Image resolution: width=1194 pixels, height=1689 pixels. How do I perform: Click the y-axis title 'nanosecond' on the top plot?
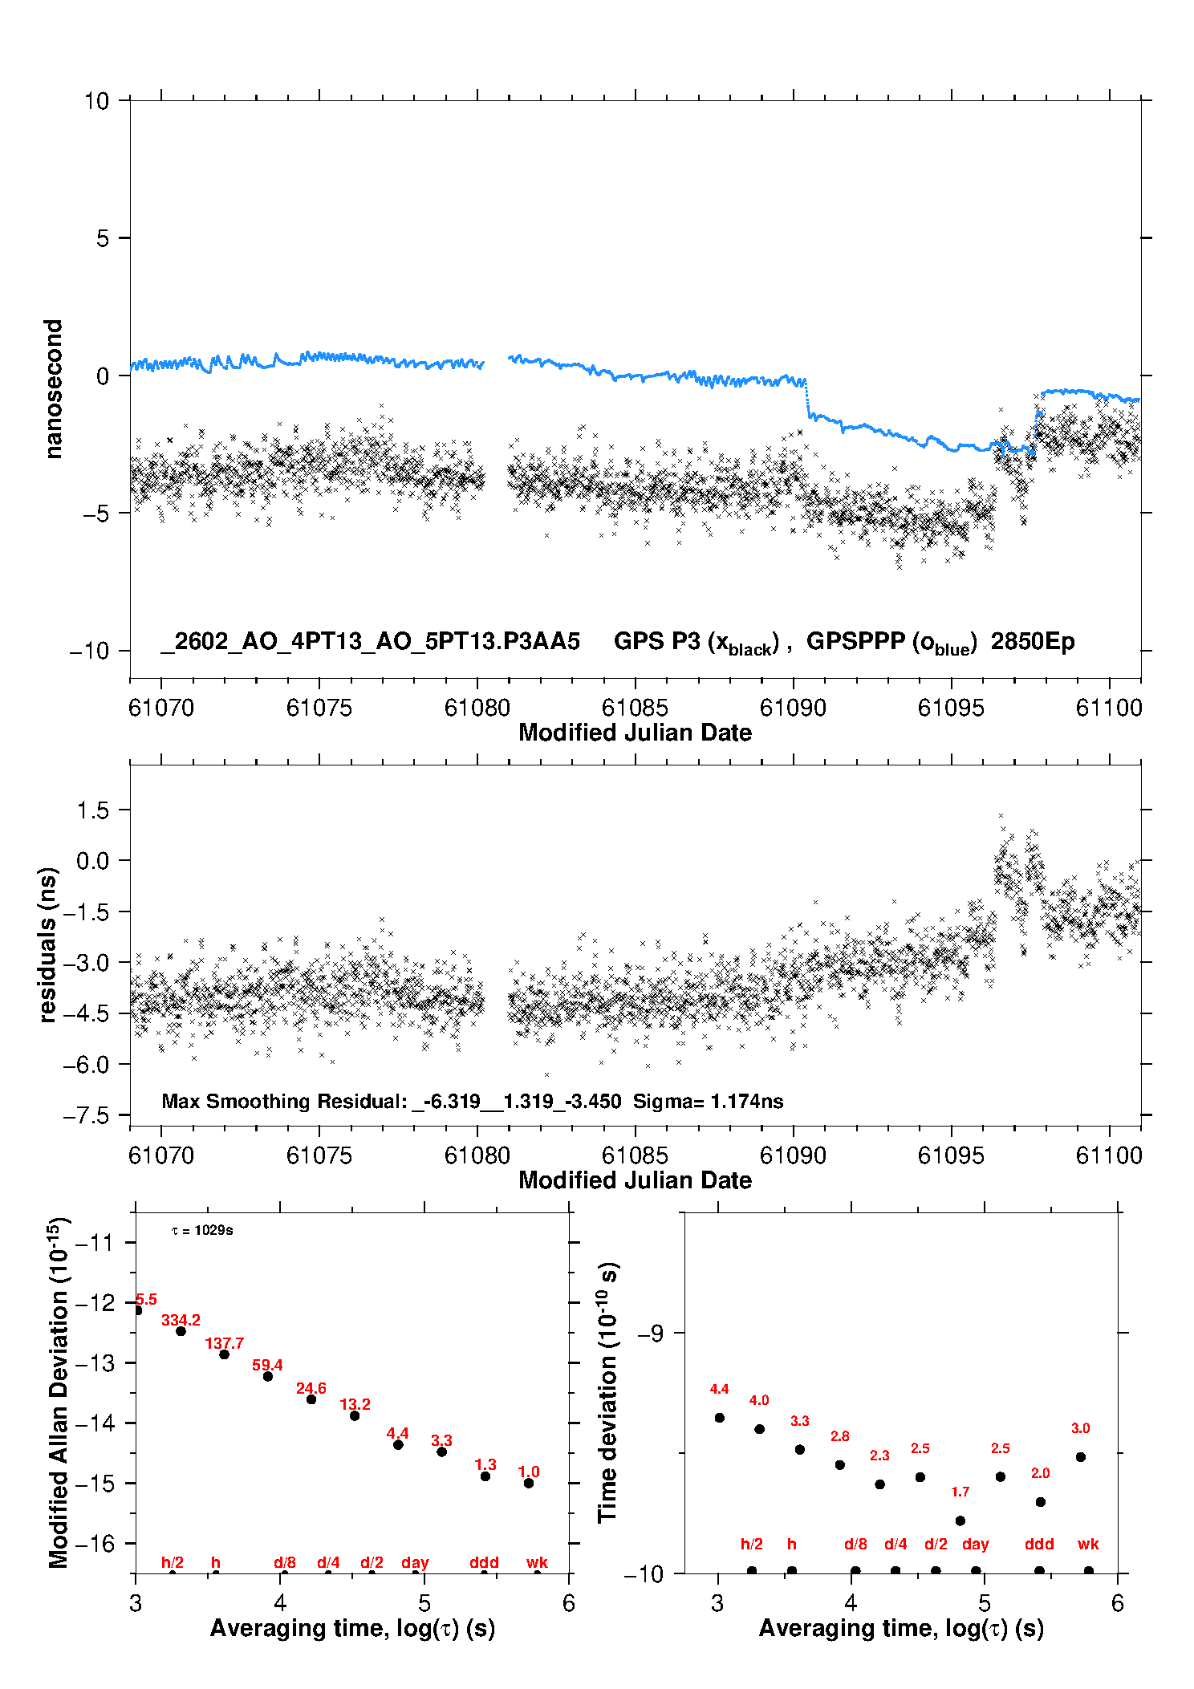[x=53, y=389]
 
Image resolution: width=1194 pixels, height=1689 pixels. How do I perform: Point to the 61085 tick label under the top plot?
[x=635, y=708]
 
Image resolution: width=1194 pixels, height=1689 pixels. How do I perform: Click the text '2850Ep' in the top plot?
[x=1032, y=642]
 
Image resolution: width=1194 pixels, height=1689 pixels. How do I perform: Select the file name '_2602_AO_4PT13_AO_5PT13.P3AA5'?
[x=370, y=642]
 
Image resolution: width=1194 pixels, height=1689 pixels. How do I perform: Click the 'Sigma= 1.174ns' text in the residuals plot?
[x=708, y=1102]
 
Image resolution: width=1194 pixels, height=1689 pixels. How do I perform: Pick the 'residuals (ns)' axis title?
[x=48, y=944]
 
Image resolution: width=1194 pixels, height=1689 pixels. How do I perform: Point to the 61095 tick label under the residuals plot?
[x=951, y=1155]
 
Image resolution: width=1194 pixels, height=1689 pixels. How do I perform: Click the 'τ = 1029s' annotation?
[x=202, y=1231]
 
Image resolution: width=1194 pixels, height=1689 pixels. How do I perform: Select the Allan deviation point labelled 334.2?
[x=181, y=1331]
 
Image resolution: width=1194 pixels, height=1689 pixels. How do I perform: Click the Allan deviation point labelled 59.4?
[x=268, y=1376]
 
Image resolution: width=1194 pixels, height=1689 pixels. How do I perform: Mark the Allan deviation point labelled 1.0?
[x=529, y=1483]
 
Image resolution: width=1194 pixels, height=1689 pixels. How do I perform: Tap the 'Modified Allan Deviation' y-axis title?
[x=59, y=1392]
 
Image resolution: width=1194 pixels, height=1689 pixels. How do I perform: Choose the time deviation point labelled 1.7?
[x=960, y=1521]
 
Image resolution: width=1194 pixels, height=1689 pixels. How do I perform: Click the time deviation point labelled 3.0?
[x=1081, y=1457]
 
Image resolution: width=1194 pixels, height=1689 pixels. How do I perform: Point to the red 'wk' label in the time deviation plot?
[x=1088, y=1544]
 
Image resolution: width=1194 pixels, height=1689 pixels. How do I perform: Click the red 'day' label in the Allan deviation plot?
[x=415, y=1562]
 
